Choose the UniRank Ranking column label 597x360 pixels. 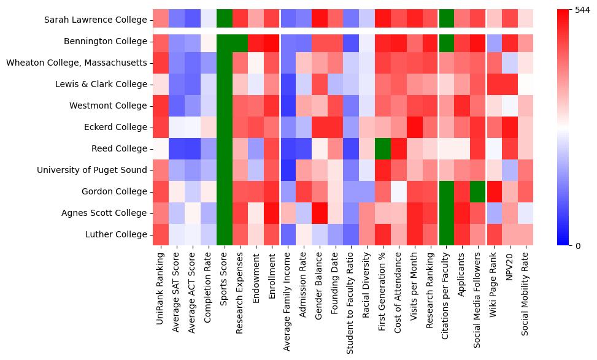coord(161,288)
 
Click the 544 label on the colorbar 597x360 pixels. coord(583,10)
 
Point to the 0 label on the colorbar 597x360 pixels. coord(578,246)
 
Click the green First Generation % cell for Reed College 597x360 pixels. coord(384,149)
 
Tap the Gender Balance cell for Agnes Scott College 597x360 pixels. coord(320,213)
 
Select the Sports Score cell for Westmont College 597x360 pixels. coord(225,106)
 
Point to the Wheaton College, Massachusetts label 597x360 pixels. coord(77,63)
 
